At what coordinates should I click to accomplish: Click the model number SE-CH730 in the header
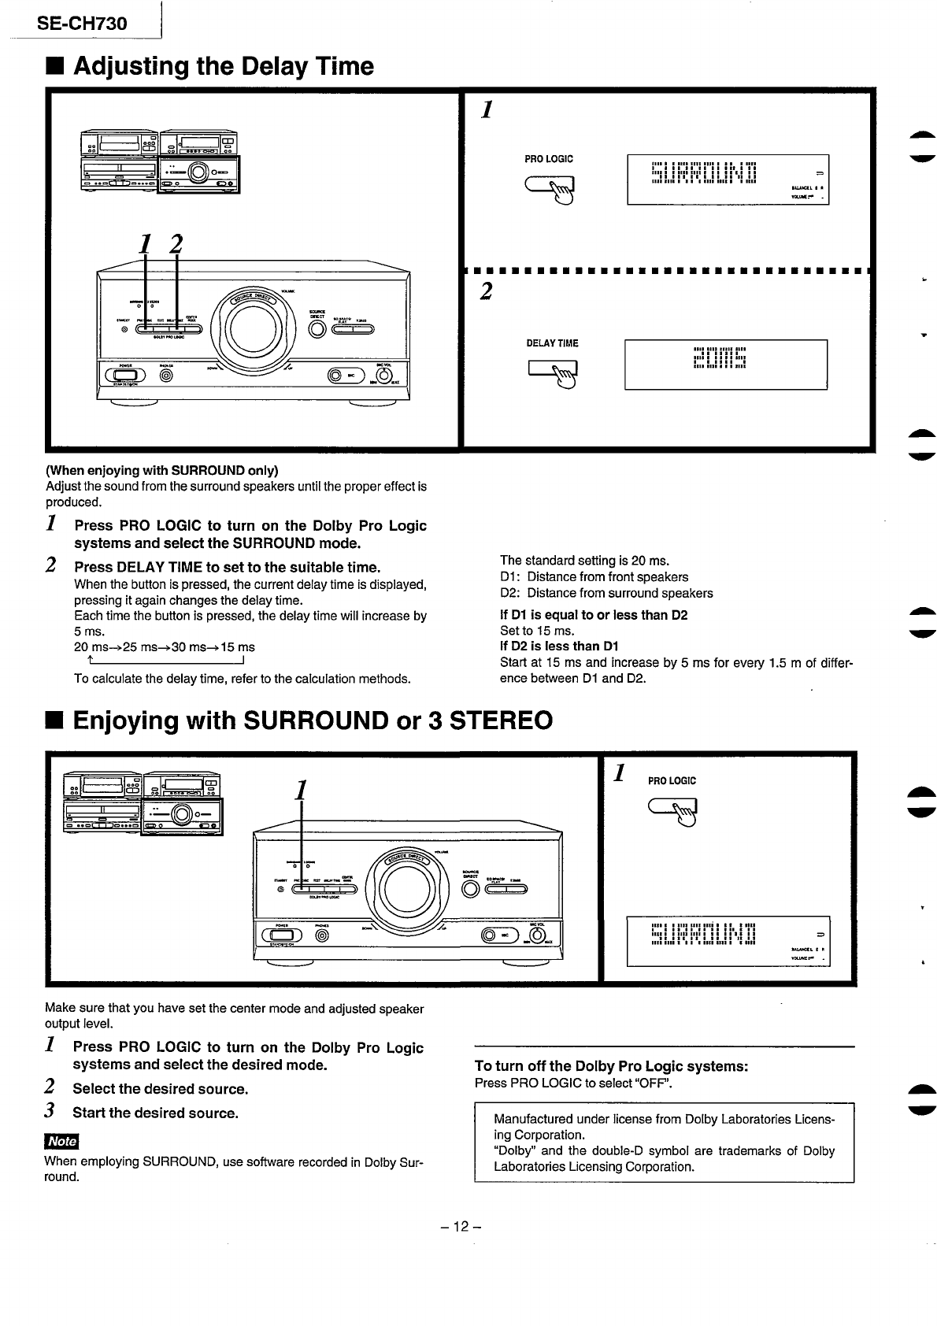tap(81, 24)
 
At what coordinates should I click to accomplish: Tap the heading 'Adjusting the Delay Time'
tap(224, 66)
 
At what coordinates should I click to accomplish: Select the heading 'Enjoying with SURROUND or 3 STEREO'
tap(313, 720)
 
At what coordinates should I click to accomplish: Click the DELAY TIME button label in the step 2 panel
tap(552, 343)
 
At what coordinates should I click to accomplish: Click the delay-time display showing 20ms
tap(725, 364)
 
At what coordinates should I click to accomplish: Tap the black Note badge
tap(62, 1141)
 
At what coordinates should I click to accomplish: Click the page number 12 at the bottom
tap(461, 1227)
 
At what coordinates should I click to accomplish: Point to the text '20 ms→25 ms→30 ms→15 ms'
tap(165, 647)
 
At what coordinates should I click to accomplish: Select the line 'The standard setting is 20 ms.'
tap(584, 561)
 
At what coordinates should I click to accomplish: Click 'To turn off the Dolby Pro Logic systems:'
tap(610, 1066)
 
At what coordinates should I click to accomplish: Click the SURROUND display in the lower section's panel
tap(728, 940)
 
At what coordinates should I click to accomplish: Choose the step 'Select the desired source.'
tap(160, 1089)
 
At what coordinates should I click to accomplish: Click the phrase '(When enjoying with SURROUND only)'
tap(161, 471)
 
